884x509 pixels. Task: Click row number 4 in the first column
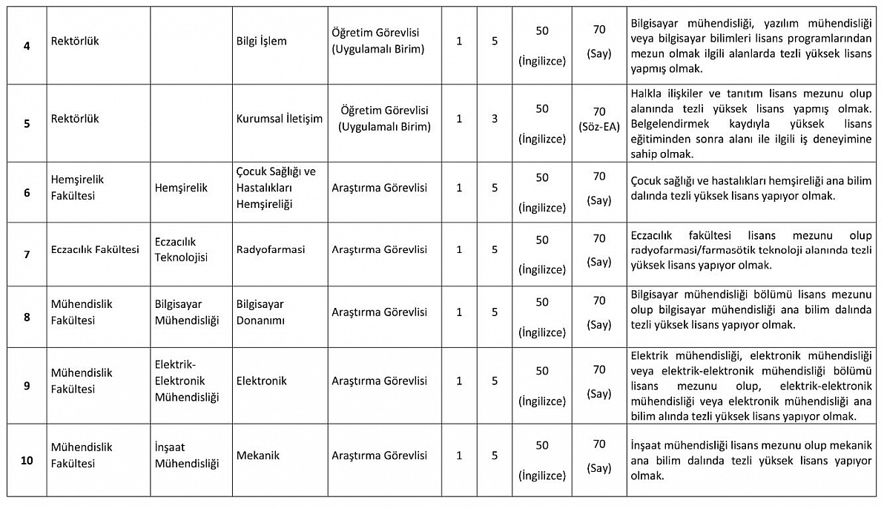click(27, 46)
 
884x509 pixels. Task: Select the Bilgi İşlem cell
click(261, 42)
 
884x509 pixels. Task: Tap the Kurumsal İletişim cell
click(280, 119)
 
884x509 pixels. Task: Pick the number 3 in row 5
click(495, 119)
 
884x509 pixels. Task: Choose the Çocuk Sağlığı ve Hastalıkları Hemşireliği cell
click(276, 188)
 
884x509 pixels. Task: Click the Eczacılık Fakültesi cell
click(96, 249)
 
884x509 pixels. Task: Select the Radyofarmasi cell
click(271, 249)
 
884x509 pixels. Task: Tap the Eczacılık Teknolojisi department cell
click(182, 249)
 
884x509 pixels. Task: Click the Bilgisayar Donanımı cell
click(260, 312)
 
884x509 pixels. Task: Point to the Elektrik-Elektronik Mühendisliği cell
click(187, 381)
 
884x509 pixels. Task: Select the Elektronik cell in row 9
click(261, 381)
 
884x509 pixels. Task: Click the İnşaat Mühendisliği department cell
click(187, 456)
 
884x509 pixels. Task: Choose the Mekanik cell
click(258, 456)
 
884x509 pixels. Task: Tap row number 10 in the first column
click(27, 460)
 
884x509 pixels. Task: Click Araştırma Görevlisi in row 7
click(379, 249)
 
